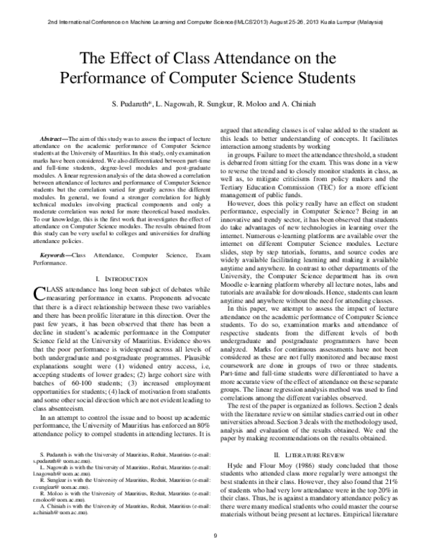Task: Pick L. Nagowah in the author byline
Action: [178, 106]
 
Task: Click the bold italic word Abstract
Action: [53, 137]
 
